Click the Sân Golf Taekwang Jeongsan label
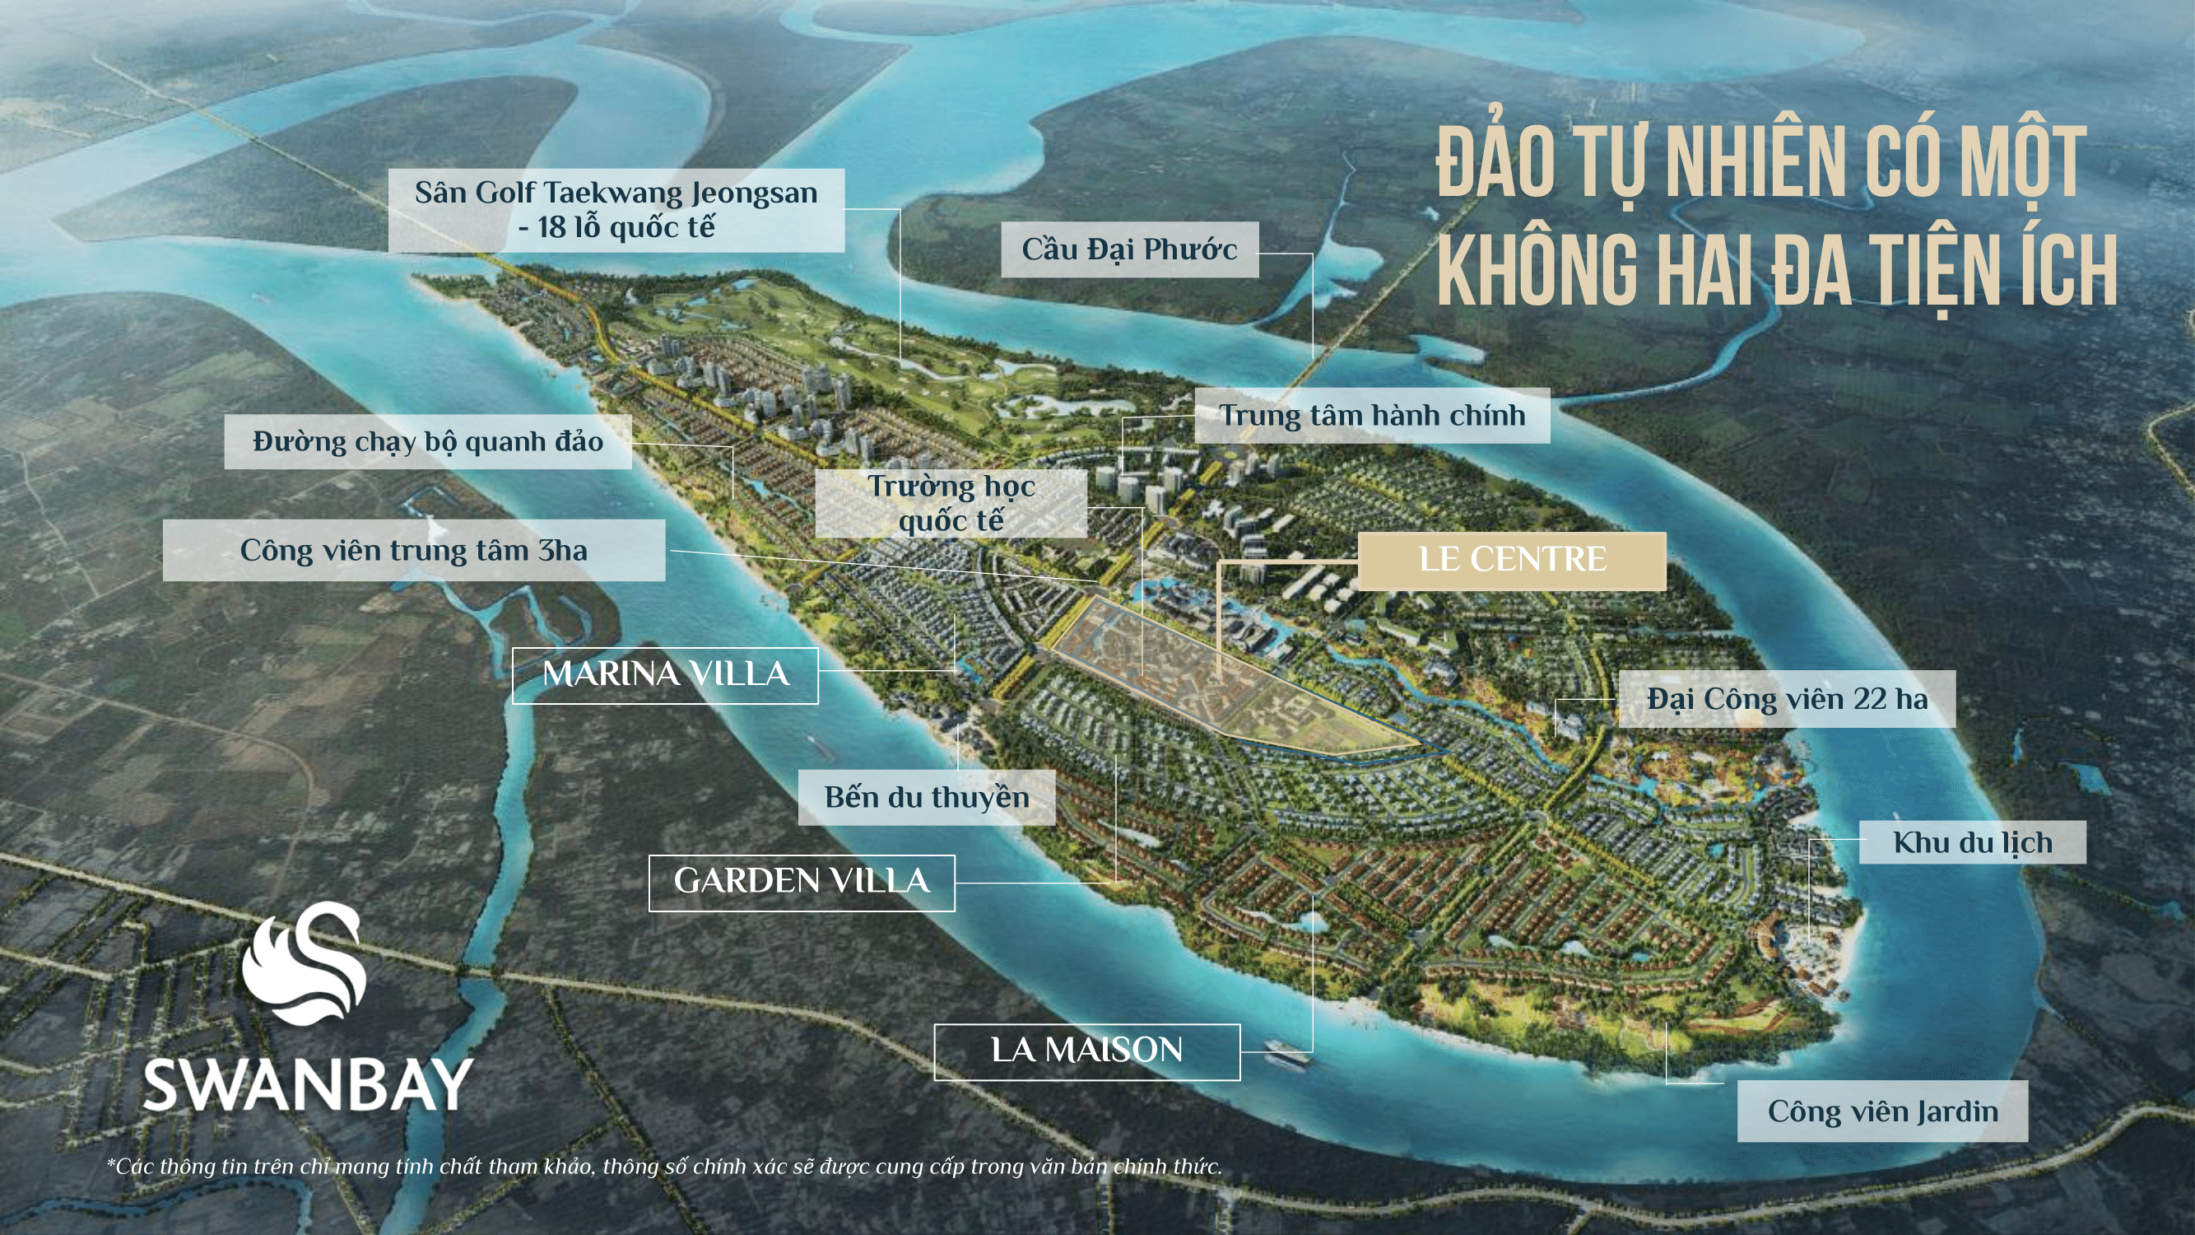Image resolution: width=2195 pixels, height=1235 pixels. pyautogui.click(x=616, y=210)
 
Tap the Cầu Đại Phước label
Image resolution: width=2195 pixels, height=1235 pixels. pyautogui.click(x=1129, y=249)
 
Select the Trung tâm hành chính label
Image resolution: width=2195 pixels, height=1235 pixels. pyautogui.click(x=1372, y=415)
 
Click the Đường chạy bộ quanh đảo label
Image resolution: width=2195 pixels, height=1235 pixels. pyautogui.click(x=428, y=441)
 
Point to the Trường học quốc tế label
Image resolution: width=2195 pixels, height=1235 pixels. pyautogui.click(x=951, y=503)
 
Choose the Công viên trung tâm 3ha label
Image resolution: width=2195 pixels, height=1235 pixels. pyautogui.click(x=413, y=551)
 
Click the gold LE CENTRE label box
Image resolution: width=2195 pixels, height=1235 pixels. pyautogui.click(x=1512, y=560)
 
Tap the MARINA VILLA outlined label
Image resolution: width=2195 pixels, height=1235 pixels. pyautogui.click(x=665, y=675)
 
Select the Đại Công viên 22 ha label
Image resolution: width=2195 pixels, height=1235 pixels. pyautogui.click(x=1786, y=700)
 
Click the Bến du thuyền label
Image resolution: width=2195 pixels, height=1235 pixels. pyautogui.click(x=926, y=798)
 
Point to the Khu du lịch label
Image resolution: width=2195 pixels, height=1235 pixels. pyautogui.click(x=1972, y=842)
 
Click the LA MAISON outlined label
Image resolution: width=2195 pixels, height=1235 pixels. pyautogui.click(x=1086, y=1051)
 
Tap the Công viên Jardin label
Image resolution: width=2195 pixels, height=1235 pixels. pyautogui.click(x=1882, y=1111)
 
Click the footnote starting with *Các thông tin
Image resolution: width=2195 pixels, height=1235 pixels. pyautogui.click(x=665, y=1167)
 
